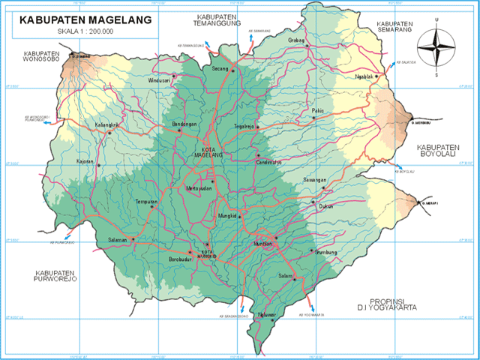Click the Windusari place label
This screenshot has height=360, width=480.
160,79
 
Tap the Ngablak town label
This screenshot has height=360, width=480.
363,77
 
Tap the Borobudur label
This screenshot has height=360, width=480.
178,259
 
